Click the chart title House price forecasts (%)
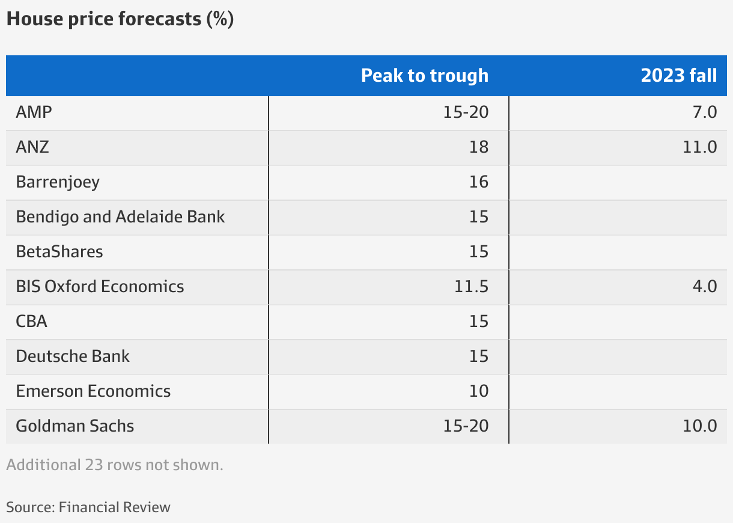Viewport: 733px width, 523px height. [x=120, y=19]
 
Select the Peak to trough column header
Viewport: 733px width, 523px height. [x=424, y=76]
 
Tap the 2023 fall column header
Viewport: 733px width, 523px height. [x=678, y=76]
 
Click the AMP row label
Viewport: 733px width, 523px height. [x=34, y=112]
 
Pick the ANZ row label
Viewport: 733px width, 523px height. [x=32, y=147]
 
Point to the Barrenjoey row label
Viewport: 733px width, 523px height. [x=58, y=182]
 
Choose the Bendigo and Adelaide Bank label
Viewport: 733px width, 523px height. [x=120, y=216]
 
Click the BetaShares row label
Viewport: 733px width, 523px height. [x=59, y=251]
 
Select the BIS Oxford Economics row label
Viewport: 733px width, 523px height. [x=100, y=286]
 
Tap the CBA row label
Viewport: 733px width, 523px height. [x=31, y=321]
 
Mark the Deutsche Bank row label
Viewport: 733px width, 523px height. [x=73, y=356]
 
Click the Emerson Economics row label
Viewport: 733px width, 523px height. [x=93, y=391]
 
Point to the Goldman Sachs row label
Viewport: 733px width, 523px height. [x=75, y=426]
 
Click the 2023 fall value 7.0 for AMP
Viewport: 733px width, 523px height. [x=705, y=112]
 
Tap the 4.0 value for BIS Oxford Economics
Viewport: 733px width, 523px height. [x=705, y=286]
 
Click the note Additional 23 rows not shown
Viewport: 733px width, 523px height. [x=115, y=465]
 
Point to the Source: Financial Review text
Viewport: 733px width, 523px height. [x=88, y=507]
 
